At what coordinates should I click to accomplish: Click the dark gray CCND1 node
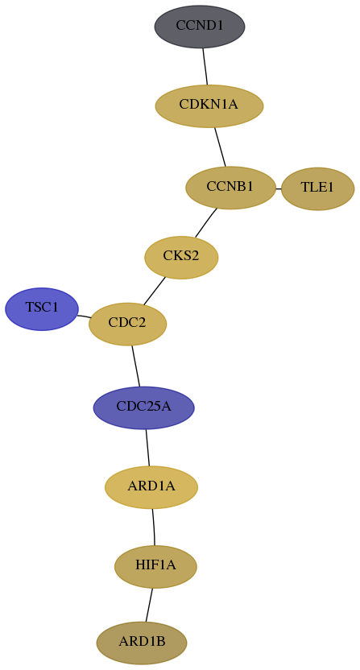coord(200,27)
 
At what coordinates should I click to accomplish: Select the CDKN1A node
coord(209,106)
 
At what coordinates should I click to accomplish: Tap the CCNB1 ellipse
coord(230,188)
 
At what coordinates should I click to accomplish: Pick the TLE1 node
coord(317,188)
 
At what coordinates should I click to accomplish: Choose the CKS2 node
coord(181,257)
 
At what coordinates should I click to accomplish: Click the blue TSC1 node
coord(42,309)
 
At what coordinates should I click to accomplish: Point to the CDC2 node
coord(127,324)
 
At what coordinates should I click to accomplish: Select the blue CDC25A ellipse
coord(143,407)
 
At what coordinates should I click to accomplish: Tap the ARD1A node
coord(151,487)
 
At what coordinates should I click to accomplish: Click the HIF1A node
coord(155,567)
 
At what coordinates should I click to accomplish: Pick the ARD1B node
coord(142,643)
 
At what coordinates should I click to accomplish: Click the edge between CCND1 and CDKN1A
coord(205,66)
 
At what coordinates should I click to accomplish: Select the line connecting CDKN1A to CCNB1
coord(220,147)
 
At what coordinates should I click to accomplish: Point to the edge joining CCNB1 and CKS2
coord(206,222)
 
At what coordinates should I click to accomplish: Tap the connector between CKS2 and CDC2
coord(155,291)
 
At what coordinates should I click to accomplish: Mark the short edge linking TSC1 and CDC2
coord(84,316)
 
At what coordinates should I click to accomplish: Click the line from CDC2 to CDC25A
coord(136,366)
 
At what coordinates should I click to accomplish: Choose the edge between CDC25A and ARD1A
coord(148,448)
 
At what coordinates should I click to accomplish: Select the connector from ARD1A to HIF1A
coord(154,527)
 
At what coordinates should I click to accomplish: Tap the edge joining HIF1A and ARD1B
coord(149,605)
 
